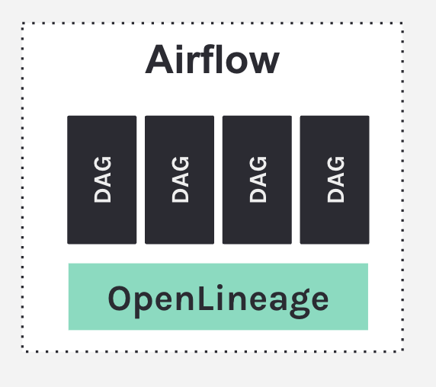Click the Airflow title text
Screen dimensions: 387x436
pyautogui.click(x=213, y=59)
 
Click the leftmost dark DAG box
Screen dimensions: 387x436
pyautogui.click(x=101, y=180)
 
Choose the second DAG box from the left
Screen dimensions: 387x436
pyautogui.click(x=179, y=180)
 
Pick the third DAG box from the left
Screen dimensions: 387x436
pyautogui.click(x=257, y=180)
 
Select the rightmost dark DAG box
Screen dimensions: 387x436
pyautogui.click(x=335, y=180)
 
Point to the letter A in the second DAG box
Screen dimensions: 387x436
pyautogui.click(x=180, y=180)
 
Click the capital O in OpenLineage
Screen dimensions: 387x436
pyautogui.click(x=120, y=298)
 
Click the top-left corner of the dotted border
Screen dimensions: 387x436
pyautogui.click(x=24, y=24)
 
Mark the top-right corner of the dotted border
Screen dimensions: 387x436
pyautogui.click(x=402, y=24)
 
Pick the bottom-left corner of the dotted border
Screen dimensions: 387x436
pyautogui.click(x=24, y=350)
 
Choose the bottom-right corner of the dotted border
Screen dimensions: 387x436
pyautogui.click(x=402, y=350)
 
